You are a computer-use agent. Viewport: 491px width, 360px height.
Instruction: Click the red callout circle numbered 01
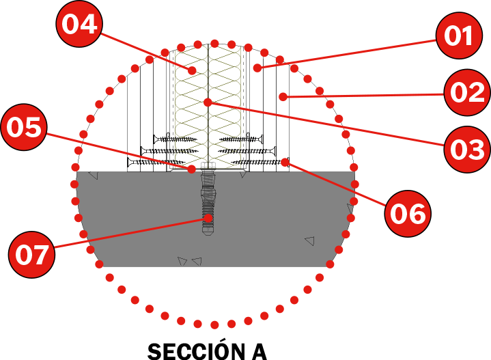[459, 36]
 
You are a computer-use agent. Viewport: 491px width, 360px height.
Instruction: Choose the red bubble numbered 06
[408, 213]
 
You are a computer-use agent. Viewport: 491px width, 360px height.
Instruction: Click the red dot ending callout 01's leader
[257, 68]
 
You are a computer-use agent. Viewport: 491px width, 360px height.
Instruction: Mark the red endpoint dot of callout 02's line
[282, 97]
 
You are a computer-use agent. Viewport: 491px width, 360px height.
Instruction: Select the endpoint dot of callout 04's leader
[193, 70]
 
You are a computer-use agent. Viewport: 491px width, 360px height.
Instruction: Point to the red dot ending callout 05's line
[192, 168]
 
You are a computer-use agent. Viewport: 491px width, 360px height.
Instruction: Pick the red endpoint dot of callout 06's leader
[284, 162]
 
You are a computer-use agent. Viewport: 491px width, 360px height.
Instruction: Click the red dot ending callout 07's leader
[207, 219]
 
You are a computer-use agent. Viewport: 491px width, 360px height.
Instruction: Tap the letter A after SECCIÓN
[256, 350]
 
